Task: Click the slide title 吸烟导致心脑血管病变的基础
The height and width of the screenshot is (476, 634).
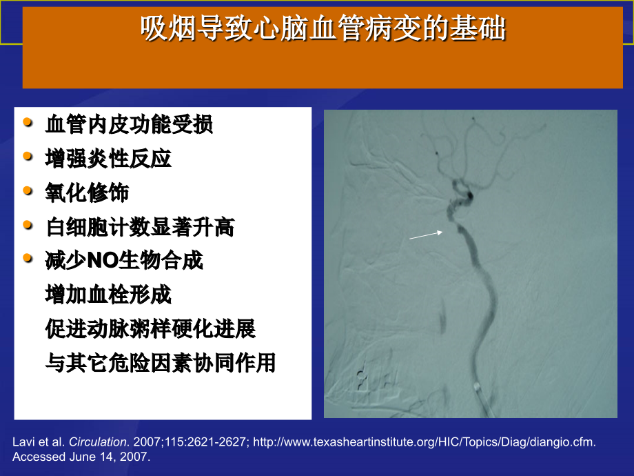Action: [x=323, y=30]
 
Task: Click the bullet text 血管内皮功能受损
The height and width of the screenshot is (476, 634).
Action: [x=129, y=125]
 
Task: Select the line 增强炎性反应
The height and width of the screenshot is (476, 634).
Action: [x=108, y=159]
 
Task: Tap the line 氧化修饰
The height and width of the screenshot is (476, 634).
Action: [x=87, y=192]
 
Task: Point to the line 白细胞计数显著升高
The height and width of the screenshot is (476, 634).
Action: [x=140, y=227]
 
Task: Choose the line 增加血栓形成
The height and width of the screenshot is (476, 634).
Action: [x=108, y=295]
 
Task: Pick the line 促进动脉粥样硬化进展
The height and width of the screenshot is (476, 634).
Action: [x=150, y=329]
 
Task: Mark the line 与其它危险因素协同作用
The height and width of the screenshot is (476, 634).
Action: [x=161, y=363]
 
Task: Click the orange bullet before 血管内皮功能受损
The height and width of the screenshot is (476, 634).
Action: [x=28, y=123]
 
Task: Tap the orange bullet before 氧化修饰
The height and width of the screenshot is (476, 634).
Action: [x=28, y=190]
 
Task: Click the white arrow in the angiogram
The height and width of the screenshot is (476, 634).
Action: [x=426, y=235]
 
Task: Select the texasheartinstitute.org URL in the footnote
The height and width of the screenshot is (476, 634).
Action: [x=425, y=442]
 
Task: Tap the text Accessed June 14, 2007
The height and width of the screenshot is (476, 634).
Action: [x=81, y=457]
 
